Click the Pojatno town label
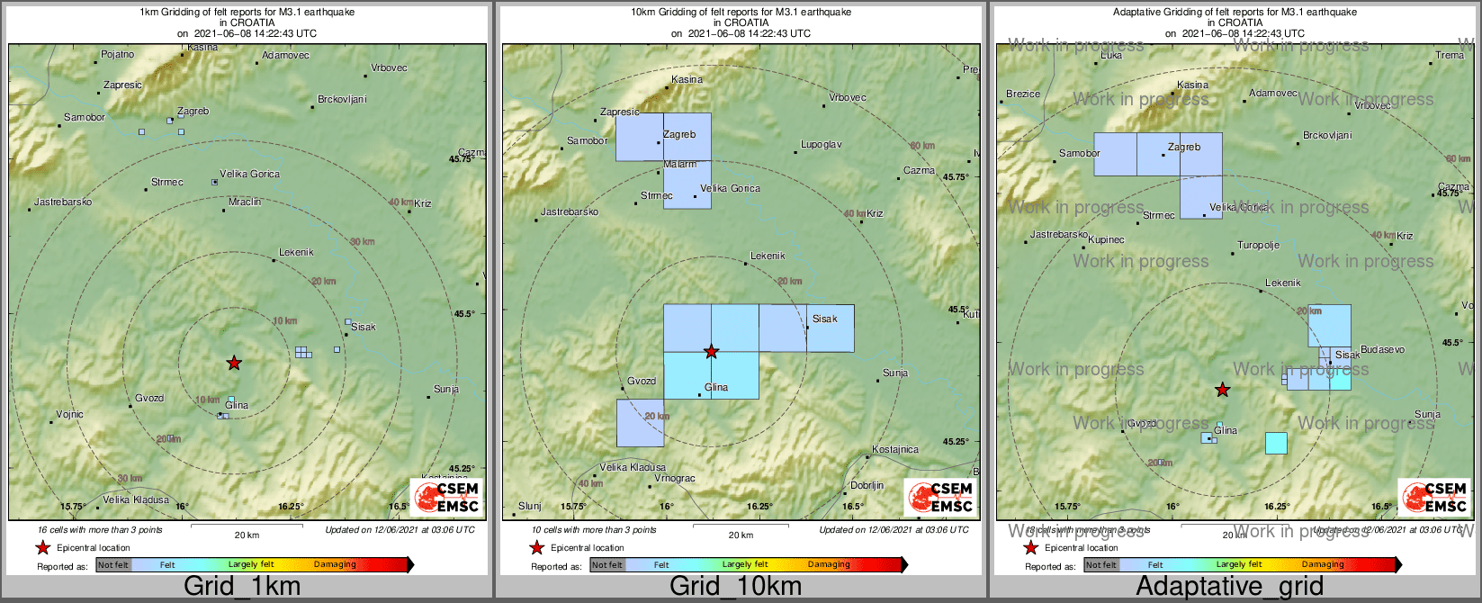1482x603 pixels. click(x=117, y=55)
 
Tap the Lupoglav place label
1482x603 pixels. click(x=822, y=145)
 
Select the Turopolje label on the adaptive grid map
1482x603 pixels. click(x=1258, y=246)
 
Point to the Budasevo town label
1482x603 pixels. click(x=1382, y=350)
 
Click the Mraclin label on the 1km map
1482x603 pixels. click(x=245, y=202)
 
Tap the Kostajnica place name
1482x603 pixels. click(x=895, y=450)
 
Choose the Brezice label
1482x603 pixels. click(x=1023, y=94)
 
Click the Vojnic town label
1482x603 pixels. click(x=69, y=415)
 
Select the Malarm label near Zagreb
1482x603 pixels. click(x=680, y=165)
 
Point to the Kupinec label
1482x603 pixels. click(x=1106, y=240)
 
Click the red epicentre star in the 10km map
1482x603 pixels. click(x=711, y=352)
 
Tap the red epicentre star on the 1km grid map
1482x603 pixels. click(x=234, y=363)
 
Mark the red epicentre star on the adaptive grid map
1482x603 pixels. click(x=1222, y=390)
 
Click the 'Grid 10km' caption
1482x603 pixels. click(x=735, y=587)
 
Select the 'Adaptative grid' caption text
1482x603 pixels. click(x=1229, y=587)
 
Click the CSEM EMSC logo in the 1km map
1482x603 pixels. click(x=447, y=497)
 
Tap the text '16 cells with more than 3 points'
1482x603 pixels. click(x=100, y=530)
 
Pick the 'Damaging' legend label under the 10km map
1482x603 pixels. click(x=829, y=565)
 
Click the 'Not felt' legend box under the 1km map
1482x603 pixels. click(x=113, y=565)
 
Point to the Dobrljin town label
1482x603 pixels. click(x=867, y=486)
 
